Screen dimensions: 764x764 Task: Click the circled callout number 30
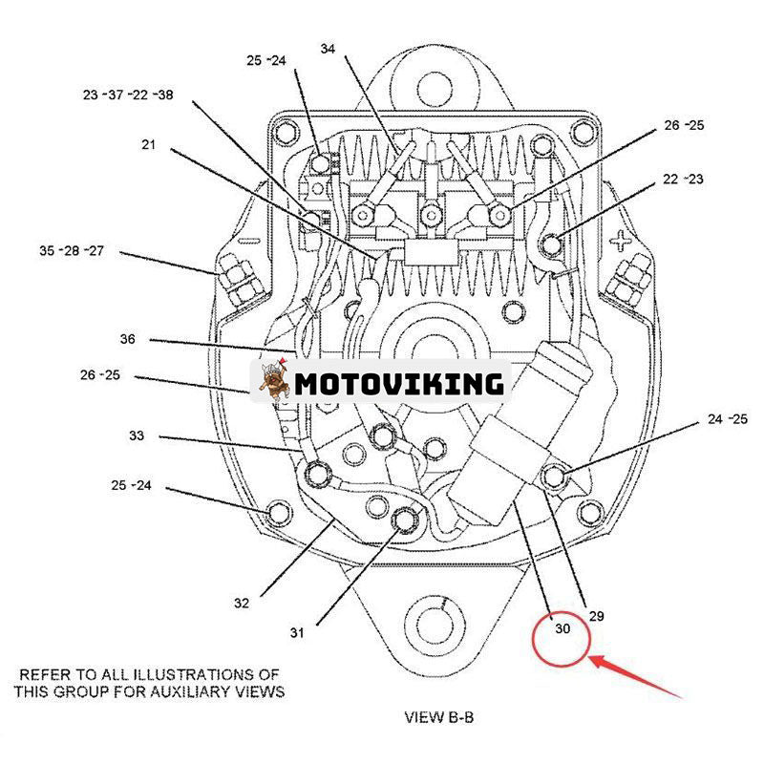point(562,628)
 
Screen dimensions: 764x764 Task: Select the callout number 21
point(148,145)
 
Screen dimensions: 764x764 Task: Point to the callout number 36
point(128,339)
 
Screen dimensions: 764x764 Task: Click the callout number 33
point(137,435)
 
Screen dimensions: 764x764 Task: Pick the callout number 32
point(241,603)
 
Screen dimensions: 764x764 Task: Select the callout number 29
point(596,616)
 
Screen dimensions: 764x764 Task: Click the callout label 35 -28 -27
point(72,251)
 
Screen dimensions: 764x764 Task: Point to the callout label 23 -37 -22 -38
point(127,95)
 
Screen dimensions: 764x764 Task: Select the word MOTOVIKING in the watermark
point(398,383)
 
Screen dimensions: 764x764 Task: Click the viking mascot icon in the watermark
point(274,383)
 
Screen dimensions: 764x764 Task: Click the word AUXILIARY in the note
point(195,691)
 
